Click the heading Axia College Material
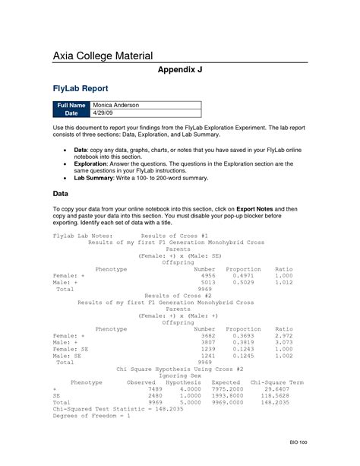coord(103,55)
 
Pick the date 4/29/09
coord(102,113)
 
